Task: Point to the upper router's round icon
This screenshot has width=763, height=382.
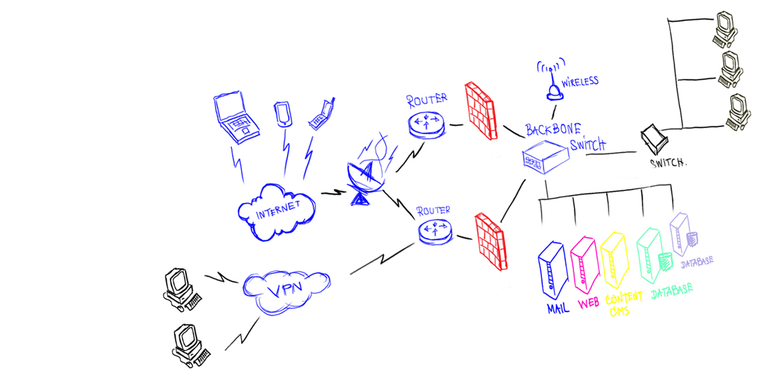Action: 425,122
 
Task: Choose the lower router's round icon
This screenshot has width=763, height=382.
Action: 435,231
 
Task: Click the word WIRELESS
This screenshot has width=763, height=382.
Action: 579,81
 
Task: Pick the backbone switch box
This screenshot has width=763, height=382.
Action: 544,157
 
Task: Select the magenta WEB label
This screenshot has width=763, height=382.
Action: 588,304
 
